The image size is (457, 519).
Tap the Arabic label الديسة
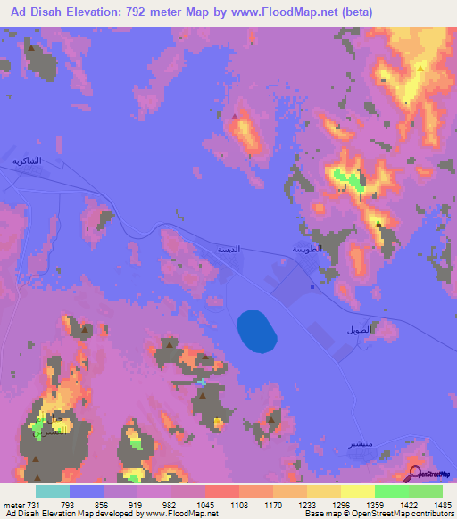[x=230, y=251]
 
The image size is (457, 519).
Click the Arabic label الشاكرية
[x=27, y=161]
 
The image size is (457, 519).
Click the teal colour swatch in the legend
[x=52, y=491]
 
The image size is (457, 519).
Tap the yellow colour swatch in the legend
[x=357, y=491]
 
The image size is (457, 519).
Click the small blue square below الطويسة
[x=312, y=287]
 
